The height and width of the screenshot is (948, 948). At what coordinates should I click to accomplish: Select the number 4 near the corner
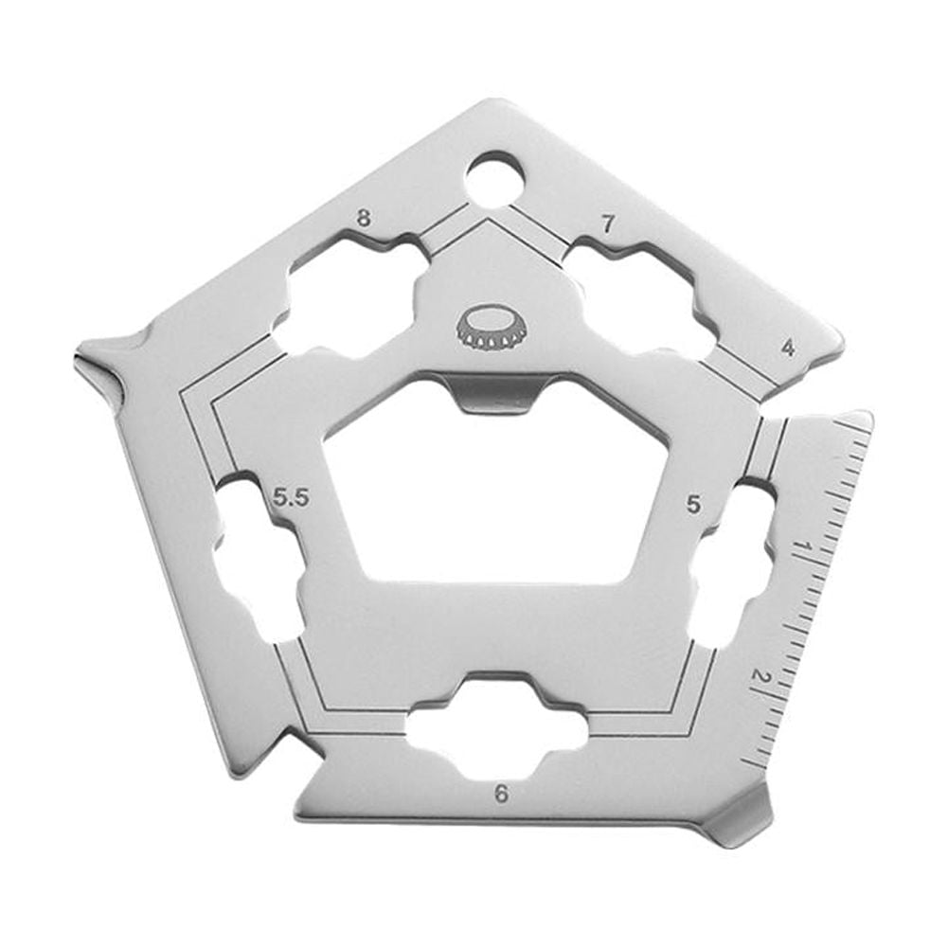[x=788, y=347]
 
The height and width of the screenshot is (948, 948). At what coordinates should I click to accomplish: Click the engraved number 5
[x=694, y=506]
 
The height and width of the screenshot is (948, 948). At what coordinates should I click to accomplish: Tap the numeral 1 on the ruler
[x=804, y=548]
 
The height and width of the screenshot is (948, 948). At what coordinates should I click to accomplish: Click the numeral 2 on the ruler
[x=758, y=677]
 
